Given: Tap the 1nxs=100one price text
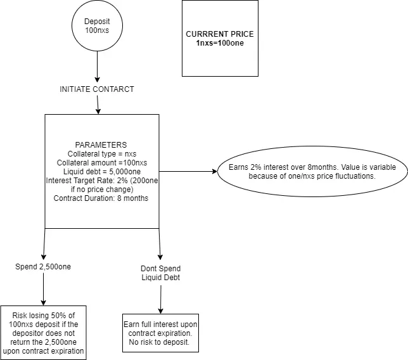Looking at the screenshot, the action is [220, 43].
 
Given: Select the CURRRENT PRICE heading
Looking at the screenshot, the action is [220, 34].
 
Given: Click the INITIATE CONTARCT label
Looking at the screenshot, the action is [97, 89].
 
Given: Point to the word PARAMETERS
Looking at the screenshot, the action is [101, 145].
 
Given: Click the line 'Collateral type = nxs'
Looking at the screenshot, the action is [102, 154].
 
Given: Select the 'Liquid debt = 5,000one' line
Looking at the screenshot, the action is [102, 172].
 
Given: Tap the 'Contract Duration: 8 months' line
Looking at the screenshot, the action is [101, 198].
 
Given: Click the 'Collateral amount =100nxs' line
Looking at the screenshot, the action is [102, 163].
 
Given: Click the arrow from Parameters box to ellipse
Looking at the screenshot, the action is [188, 171].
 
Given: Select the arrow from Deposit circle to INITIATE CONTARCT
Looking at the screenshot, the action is [97, 67].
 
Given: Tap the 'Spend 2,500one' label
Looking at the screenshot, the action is [43, 267].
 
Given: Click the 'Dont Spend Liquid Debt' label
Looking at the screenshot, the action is [160, 273].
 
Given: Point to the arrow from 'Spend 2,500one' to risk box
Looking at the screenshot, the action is [43, 289].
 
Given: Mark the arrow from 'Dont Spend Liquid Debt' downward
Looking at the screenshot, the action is [160, 300].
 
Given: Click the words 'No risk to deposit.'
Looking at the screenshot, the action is [159, 342].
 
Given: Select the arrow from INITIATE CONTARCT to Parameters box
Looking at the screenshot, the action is [98, 105].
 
